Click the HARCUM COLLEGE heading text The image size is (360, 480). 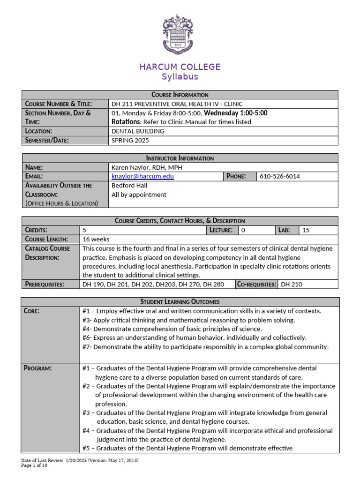[x=180, y=67]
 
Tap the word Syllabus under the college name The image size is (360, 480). [x=180, y=77]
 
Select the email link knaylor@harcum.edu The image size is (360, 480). [x=142, y=176]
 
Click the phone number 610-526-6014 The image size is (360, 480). [x=280, y=176]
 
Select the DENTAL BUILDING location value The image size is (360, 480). [x=138, y=131]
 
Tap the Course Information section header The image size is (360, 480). [x=180, y=95]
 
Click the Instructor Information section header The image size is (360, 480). [x=180, y=158]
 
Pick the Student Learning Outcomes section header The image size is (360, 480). [x=180, y=301]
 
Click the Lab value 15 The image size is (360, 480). [x=306, y=230]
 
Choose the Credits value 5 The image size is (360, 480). [x=85, y=230]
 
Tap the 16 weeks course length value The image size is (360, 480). [x=96, y=239]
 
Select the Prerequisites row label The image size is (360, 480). [x=45, y=284]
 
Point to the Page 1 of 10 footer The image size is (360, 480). [x=35, y=465]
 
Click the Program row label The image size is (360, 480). [x=38, y=368]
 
